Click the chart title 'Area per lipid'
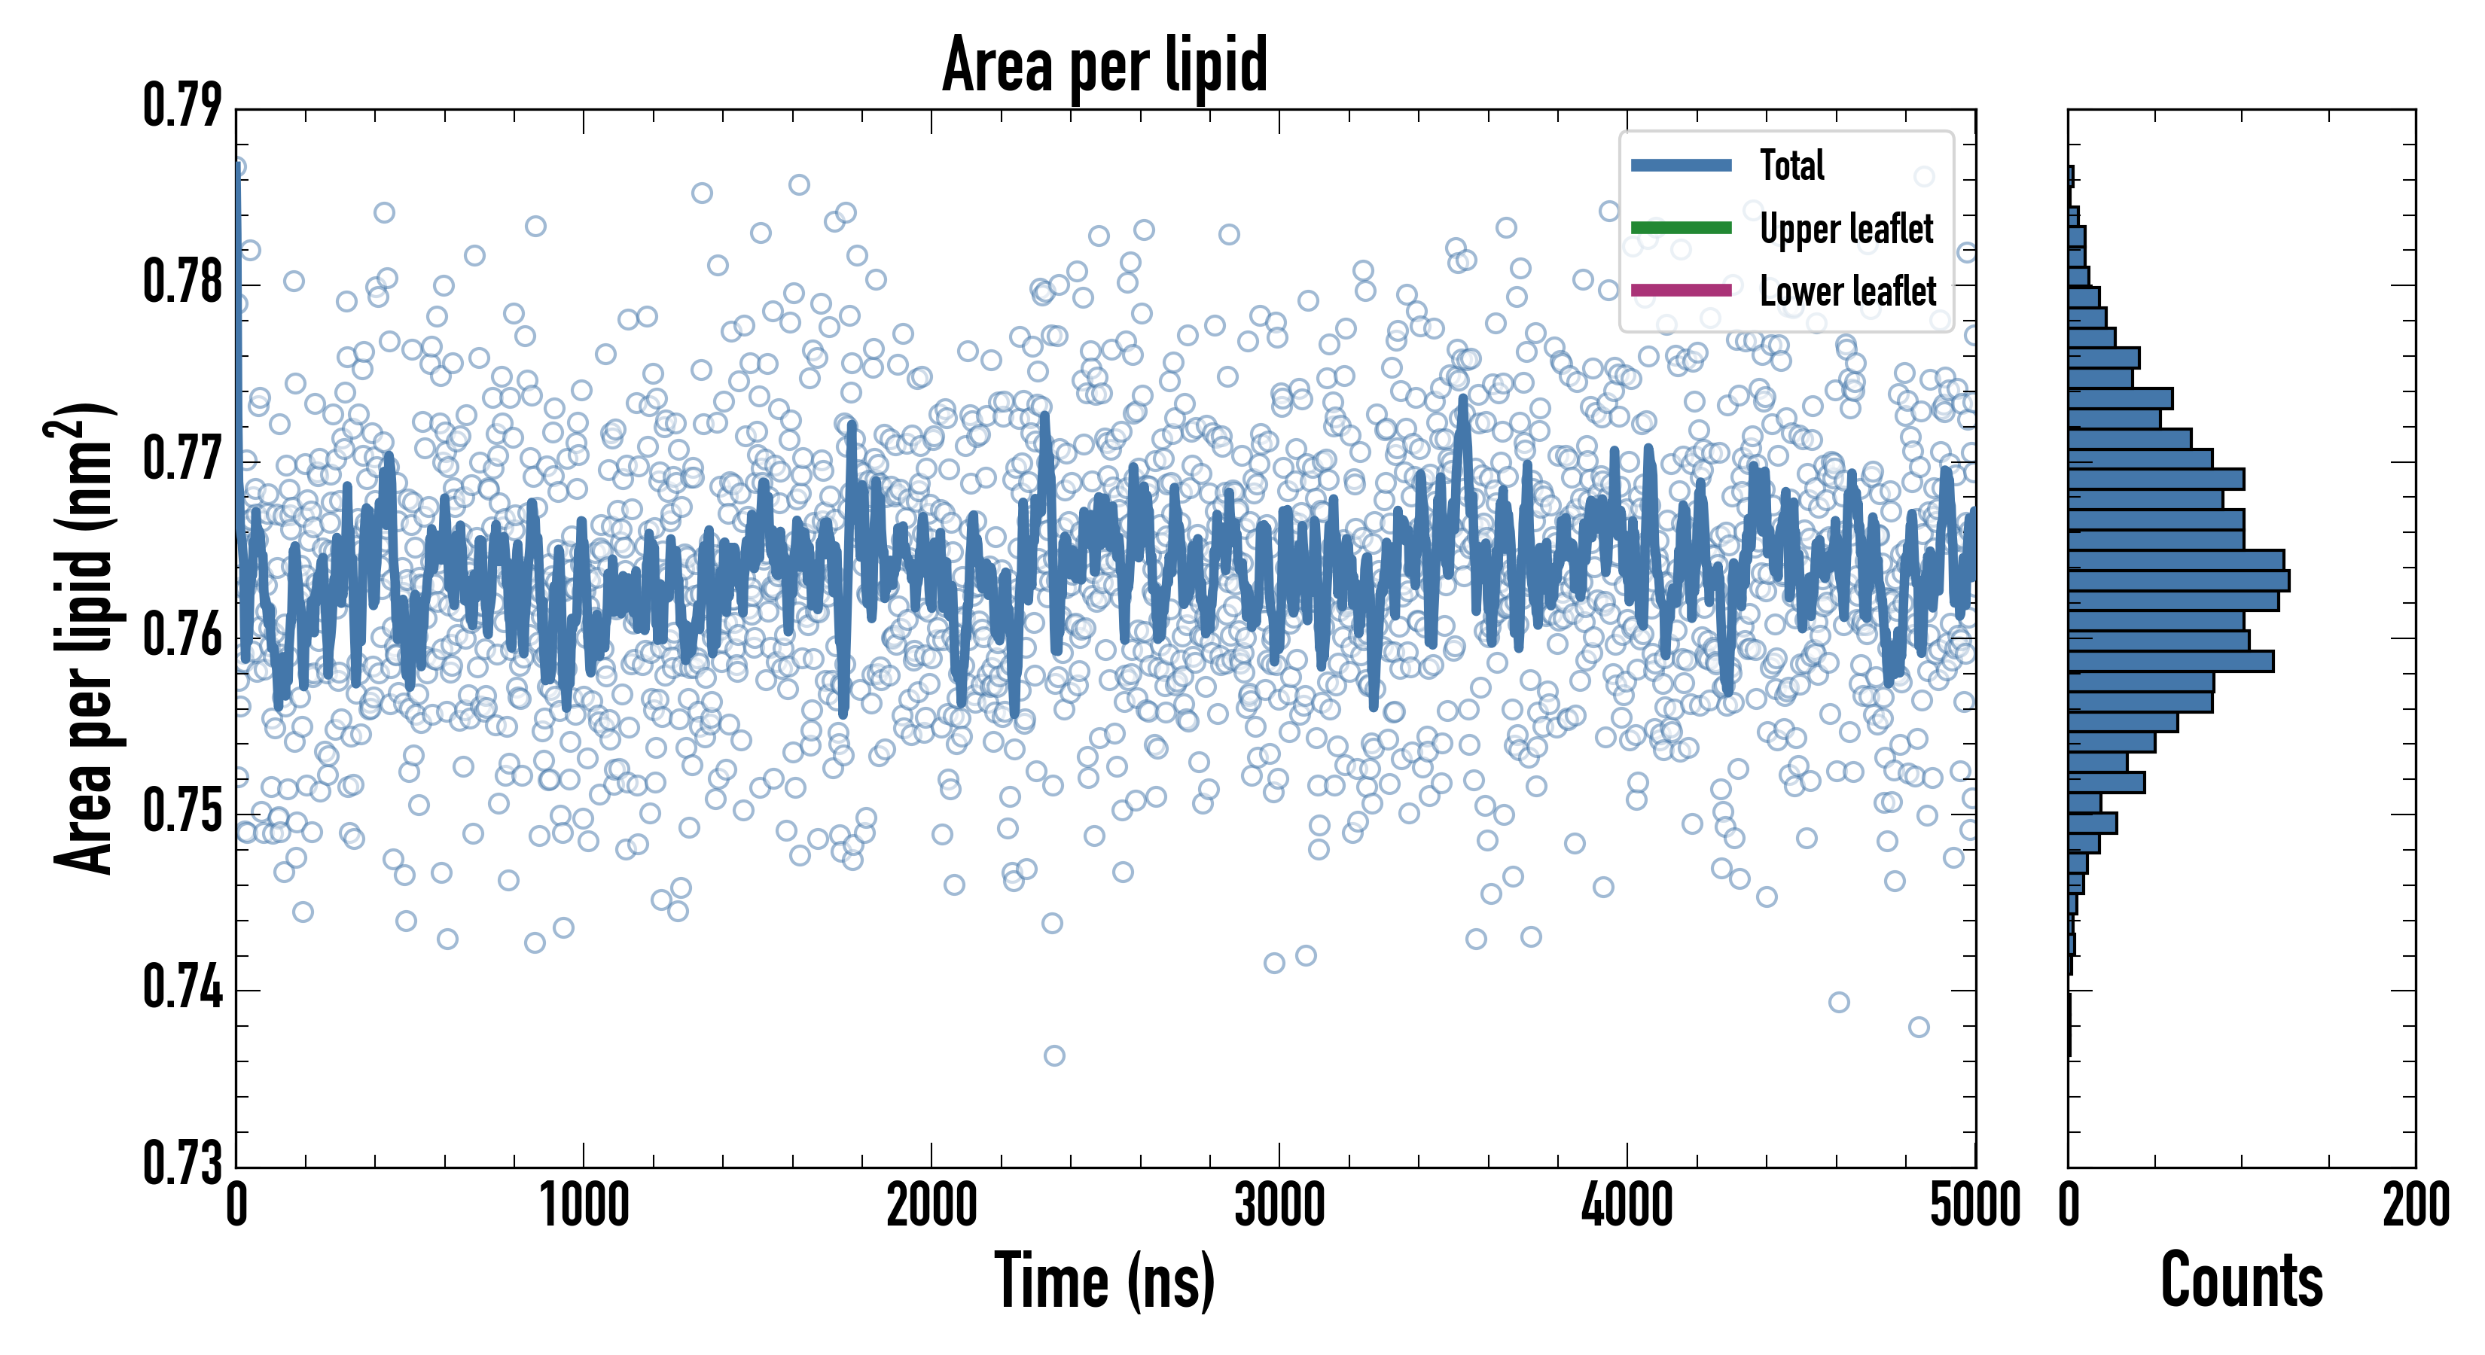1105,64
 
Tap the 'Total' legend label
1791,165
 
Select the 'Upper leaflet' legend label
1846,229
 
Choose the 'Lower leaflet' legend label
1847,291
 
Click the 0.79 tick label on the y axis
182,106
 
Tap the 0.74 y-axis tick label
182,988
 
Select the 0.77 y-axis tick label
182,459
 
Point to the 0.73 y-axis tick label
182,1162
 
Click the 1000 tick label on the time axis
584,1205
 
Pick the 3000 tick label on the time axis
1279,1205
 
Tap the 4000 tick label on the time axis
1627,1205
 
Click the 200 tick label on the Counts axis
2414,1205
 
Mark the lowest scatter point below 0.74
1054,1056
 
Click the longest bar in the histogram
2179,580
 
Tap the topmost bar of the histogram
2070,176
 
